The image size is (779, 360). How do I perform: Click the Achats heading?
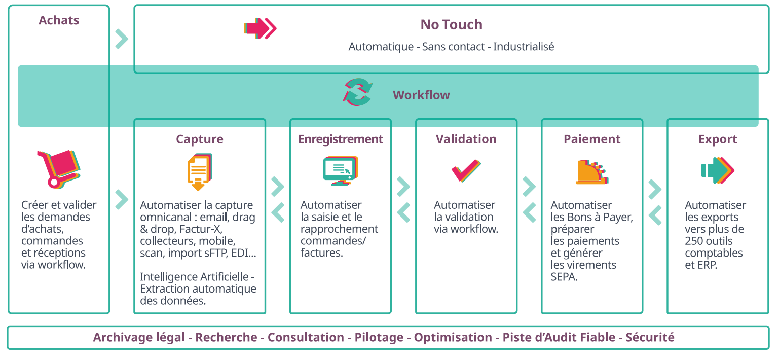pyautogui.click(x=59, y=20)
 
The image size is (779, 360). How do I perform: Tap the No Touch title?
pyautogui.click(x=452, y=25)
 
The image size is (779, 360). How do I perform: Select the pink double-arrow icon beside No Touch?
pyautogui.click(x=260, y=28)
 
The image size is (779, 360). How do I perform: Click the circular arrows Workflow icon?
pyautogui.click(x=357, y=92)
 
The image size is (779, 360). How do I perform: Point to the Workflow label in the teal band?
pyautogui.click(x=421, y=95)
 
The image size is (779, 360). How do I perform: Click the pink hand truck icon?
pyautogui.click(x=58, y=169)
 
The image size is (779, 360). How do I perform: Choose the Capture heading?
pyautogui.click(x=200, y=139)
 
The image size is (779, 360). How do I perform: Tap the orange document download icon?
pyautogui.click(x=199, y=172)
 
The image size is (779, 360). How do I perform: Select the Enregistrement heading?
pyautogui.click(x=341, y=139)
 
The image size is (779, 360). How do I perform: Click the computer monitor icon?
pyautogui.click(x=341, y=171)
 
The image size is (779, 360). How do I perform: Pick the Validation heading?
pyautogui.click(x=466, y=139)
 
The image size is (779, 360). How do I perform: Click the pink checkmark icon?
pyautogui.click(x=466, y=170)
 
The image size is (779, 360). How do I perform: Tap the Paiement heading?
pyautogui.click(x=592, y=139)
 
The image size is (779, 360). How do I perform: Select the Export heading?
pyautogui.click(x=718, y=139)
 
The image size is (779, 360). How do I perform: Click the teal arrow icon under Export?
pyautogui.click(x=718, y=170)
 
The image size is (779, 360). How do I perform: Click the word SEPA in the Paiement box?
pyautogui.click(x=564, y=277)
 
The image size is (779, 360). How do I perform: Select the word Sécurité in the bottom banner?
pyautogui.click(x=650, y=337)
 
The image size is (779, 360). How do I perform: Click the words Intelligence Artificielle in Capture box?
pyautogui.click(x=195, y=277)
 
